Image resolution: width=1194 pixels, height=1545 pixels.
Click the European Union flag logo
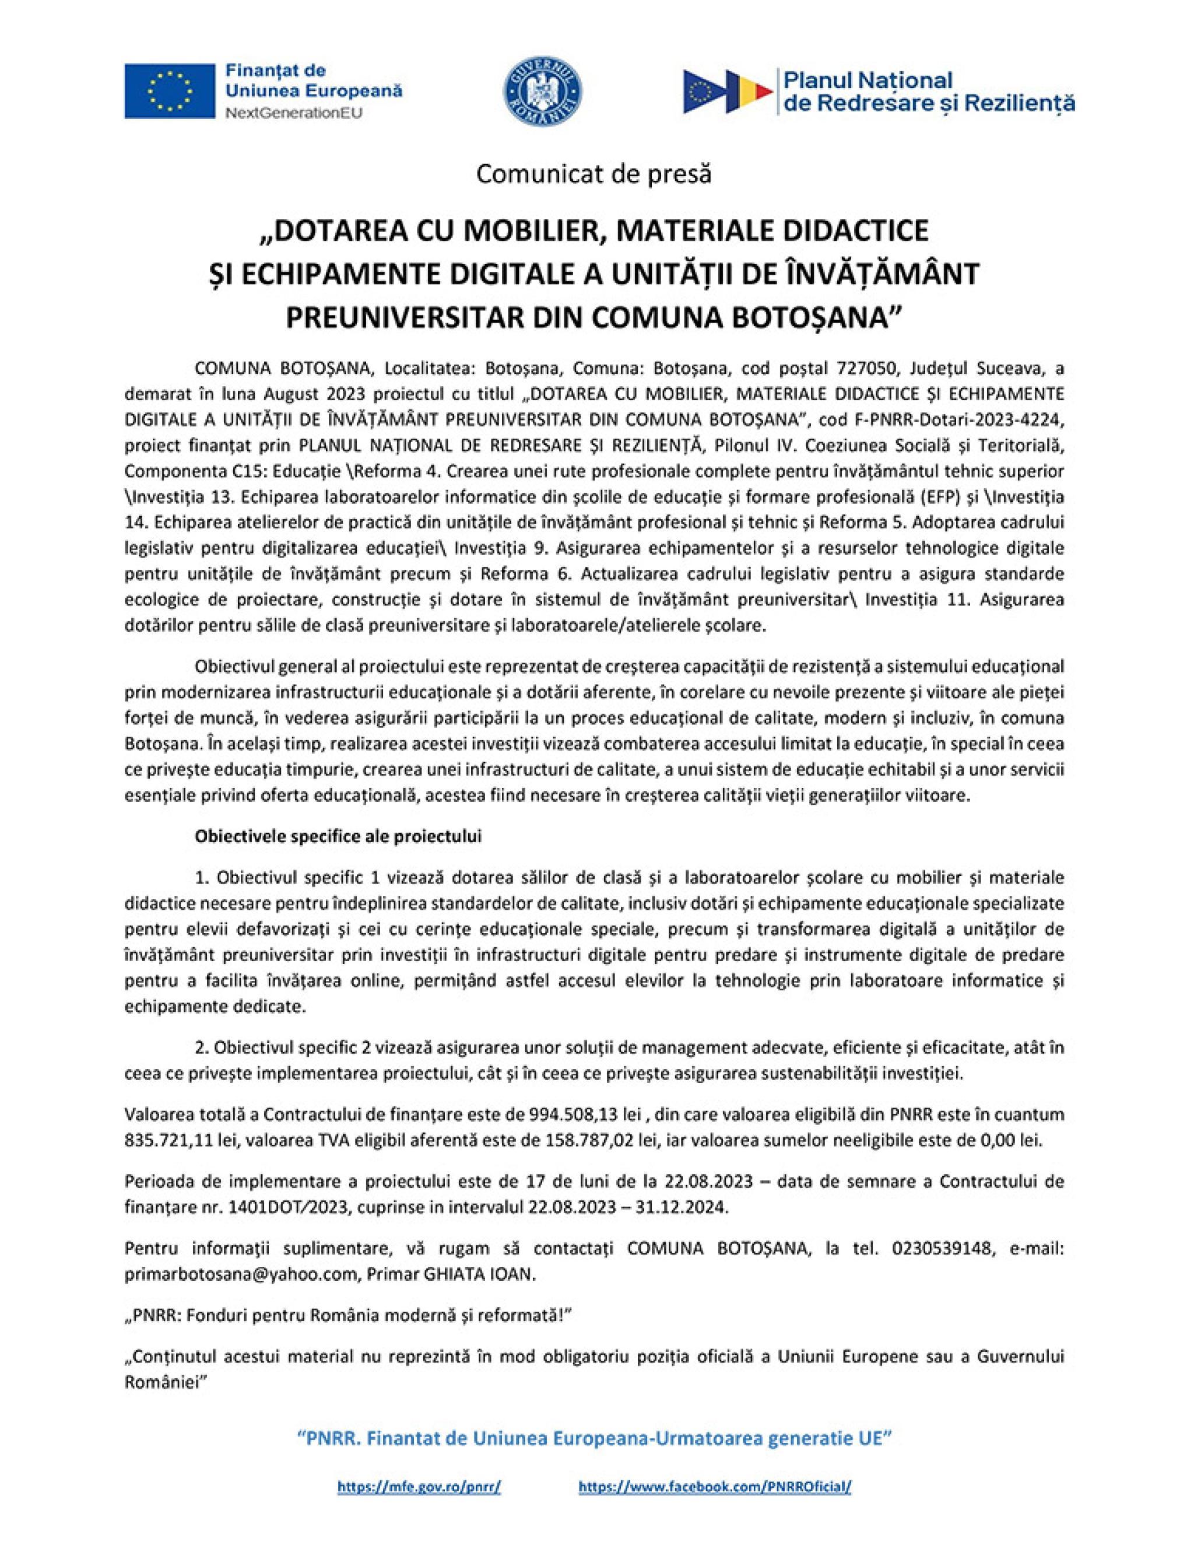[170, 90]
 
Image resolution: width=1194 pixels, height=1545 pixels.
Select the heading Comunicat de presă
[594, 174]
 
